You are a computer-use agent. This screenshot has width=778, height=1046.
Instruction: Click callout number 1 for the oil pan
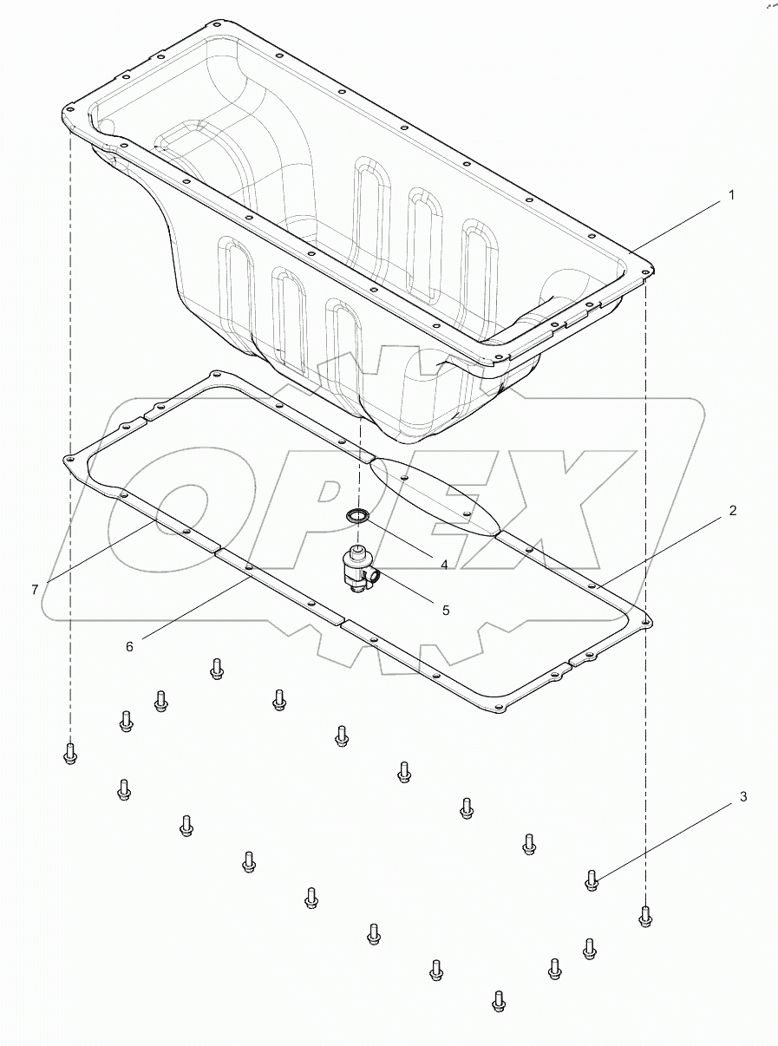(730, 196)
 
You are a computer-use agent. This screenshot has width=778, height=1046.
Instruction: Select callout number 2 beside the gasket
(732, 511)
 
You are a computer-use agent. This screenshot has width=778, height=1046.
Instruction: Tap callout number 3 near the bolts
(742, 796)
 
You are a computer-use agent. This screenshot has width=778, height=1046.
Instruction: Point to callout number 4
(443, 565)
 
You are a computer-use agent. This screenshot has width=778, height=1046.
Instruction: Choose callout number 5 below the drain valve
(446, 610)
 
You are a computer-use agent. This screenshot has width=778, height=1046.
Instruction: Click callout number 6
(130, 645)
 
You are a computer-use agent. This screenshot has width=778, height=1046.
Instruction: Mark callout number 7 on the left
(35, 590)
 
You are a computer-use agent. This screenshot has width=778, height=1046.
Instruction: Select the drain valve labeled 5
(358, 570)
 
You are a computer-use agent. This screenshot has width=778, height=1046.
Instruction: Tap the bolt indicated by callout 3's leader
(592, 881)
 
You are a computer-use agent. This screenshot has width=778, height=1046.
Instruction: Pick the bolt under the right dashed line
(644, 916)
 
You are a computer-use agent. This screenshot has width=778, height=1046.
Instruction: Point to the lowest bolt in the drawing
(498, 1002)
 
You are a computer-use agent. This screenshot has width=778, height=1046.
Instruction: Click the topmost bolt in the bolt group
(217, 668)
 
